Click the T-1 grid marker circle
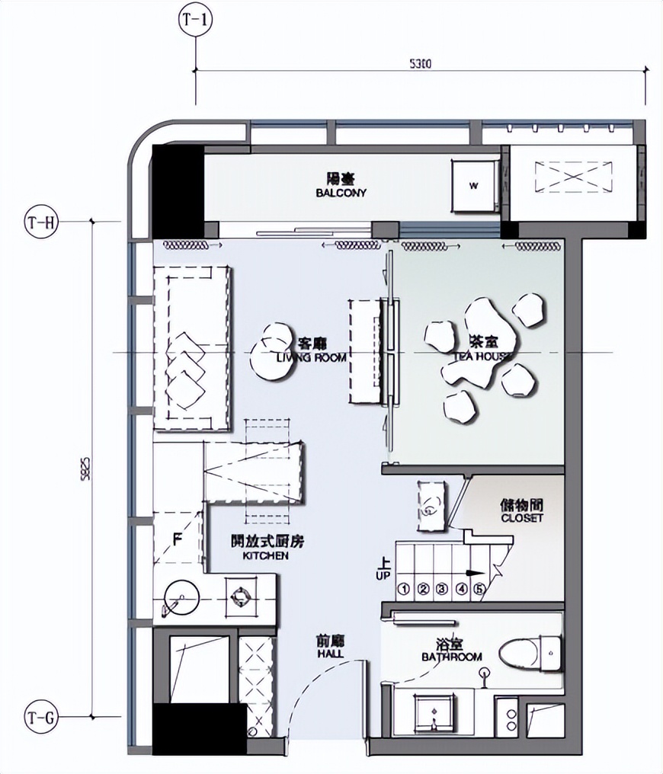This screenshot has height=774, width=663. pos(196,21)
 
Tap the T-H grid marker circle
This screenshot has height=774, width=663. pos(41,222)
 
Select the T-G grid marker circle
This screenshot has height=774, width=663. pos(41,717)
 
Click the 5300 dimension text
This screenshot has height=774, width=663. pos(420,65)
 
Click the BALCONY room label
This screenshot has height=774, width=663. pos(341,187)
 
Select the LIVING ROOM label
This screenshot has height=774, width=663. pos(311,350)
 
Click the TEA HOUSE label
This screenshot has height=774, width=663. pos(483,350)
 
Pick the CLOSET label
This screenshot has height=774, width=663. pos(522,511)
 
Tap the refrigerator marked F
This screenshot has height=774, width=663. pos(177,541)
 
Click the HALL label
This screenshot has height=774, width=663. pos(330,648)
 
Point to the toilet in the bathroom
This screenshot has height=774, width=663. pos(530,651)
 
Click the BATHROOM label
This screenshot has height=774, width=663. pos(452,651)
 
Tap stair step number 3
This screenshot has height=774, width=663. pos(441,589)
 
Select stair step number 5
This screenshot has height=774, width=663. pos(479,589)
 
